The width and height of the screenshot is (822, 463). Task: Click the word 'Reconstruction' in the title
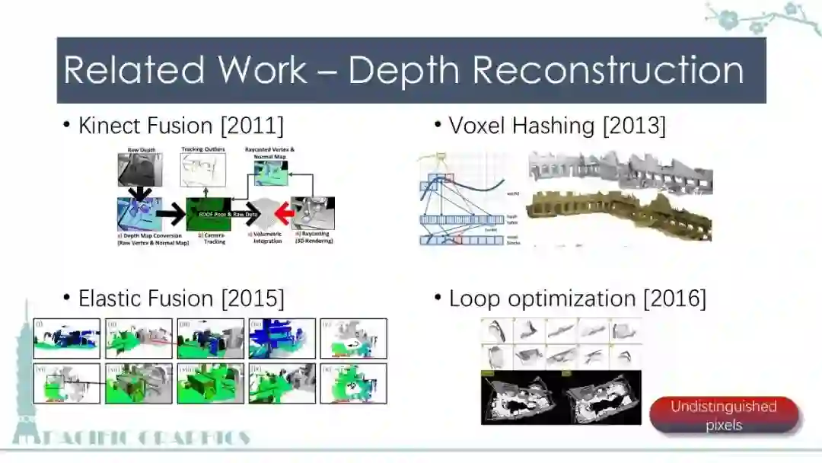(607, 70)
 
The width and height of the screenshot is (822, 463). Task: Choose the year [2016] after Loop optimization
(674, 298)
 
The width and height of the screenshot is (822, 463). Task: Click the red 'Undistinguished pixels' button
(723, 415)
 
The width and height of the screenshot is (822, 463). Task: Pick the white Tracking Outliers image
(203, 170)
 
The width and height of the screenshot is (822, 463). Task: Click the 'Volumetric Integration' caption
(266, 238)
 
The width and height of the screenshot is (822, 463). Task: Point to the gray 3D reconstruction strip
(620, 171)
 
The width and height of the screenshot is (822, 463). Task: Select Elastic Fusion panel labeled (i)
(67, 338)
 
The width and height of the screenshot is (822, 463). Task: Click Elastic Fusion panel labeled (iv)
(282, 338)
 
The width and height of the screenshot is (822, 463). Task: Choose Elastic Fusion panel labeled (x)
(353, 383)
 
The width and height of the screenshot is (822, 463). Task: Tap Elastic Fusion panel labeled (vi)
(67, 383)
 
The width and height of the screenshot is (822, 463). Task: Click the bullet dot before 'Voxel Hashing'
(438, 125)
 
